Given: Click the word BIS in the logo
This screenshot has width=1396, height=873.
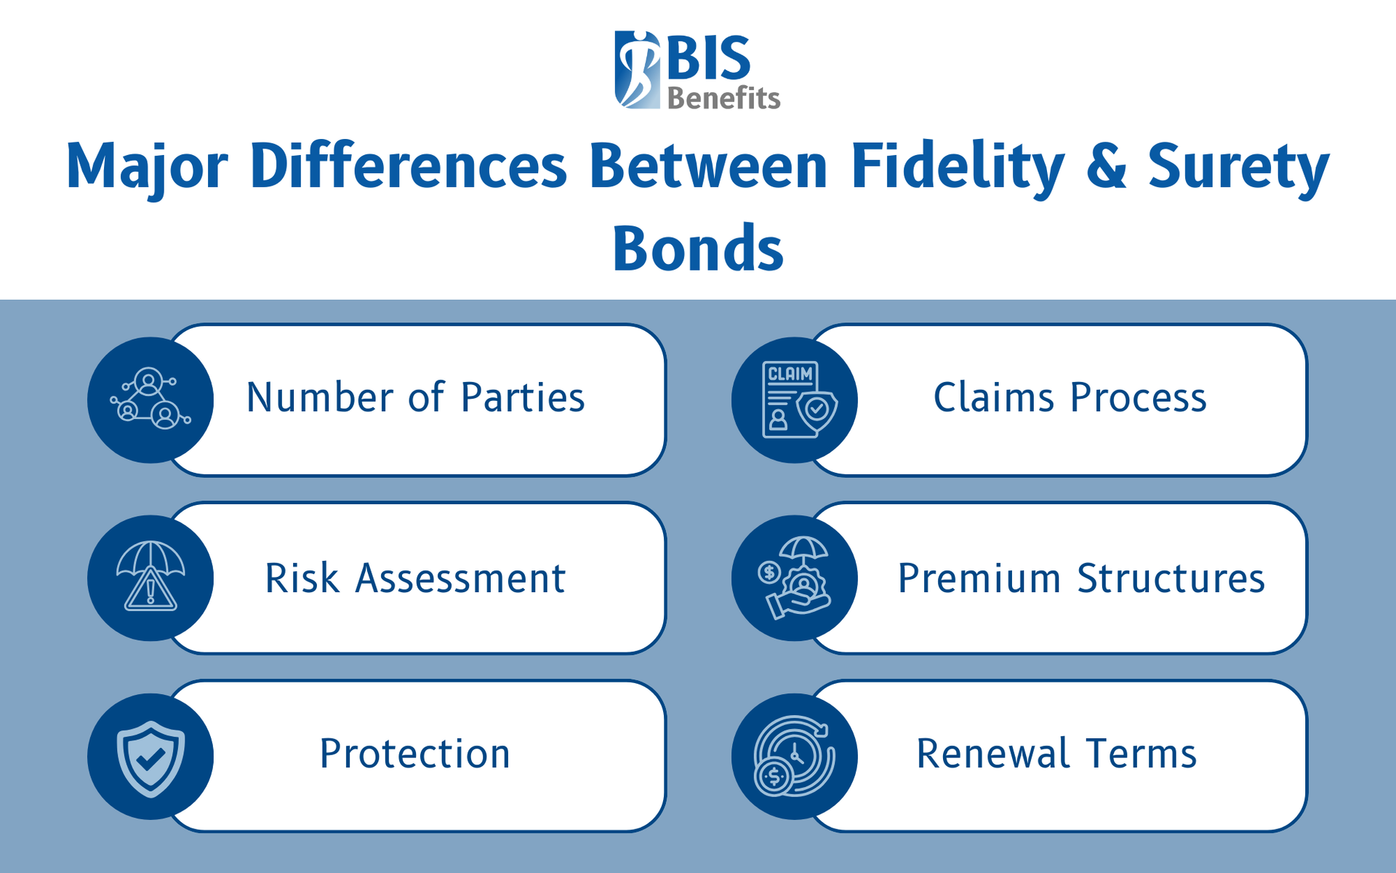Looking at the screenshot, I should pyautogui.click(x=708, y=58).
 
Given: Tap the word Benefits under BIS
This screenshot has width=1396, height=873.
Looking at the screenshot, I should pyautogui.click(x=723, y=98).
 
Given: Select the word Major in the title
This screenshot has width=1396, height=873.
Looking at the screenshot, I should pyautogui.click(x=148, y=167).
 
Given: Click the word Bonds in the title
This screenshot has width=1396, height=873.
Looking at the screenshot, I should pyautogui.click(x=698, y=249).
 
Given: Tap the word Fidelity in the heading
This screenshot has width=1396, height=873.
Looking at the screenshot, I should pyautogui.click(x=958, y=167).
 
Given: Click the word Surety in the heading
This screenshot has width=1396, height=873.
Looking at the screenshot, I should pyautogui.click(x=1238, y=167).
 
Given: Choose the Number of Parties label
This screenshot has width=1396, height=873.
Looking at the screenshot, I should pyautogui.click(x=415, y=398).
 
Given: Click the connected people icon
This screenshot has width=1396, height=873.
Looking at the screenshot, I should pyautogui.click(x=151, y=399).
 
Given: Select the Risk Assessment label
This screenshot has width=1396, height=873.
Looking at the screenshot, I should pyautogui.click(x=415, y=578).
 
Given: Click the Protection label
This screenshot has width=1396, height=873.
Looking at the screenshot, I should pyautogui.click(x=415, y=754).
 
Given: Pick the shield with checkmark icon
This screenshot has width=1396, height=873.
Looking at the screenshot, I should pyautogui.click(x=151, y=757).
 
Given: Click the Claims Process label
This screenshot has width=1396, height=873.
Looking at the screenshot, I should pyautogui.click(x=1070, y=398).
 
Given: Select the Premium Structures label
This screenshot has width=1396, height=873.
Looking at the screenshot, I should pyautogui.click(x=1081, y=578).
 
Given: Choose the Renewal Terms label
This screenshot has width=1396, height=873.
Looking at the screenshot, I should pyautogui.click(x=1056, y=754).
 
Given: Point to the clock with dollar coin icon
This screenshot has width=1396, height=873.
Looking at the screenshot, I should pyautogui.click(x=794, y=757).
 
